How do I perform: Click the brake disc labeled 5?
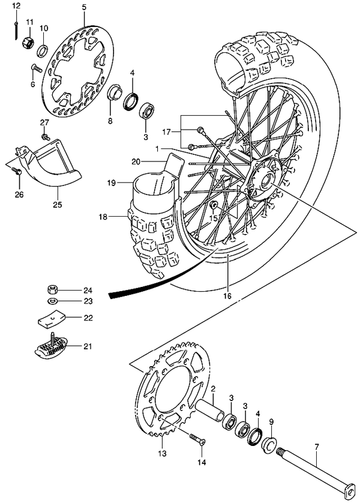click(x=78, y=71)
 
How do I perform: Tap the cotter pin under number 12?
click(x=16, y=31)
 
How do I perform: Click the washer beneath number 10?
click(x=43, y=51)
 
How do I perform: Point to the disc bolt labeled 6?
click(x=36, y=68)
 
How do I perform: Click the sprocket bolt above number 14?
click(x=197, y=439)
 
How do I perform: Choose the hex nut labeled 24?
click(x=52, y=290)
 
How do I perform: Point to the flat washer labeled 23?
click(x=52, y=301)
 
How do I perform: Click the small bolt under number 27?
click(x=46, y=137)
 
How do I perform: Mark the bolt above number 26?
click(x=17, y=170)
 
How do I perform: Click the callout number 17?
click(x=167, y=131)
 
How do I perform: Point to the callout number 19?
click(x=111, y=183)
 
